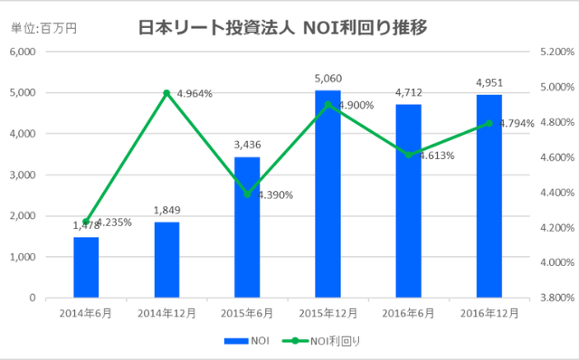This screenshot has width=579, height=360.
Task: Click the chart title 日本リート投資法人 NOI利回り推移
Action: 282,27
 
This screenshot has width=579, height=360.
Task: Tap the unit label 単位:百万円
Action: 44,28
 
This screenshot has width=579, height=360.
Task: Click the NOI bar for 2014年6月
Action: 86,267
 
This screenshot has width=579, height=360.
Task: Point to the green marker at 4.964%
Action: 166,93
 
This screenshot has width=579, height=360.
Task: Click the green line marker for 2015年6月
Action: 247,194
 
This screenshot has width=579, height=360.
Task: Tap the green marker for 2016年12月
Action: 489,123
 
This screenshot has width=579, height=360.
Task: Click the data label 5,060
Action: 327,79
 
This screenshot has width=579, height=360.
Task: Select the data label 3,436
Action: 247,146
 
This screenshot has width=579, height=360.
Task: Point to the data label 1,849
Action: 166,210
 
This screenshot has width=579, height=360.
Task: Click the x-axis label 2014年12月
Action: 166,313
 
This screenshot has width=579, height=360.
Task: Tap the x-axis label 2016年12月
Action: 489,313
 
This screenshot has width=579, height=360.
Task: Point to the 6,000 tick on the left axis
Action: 22,52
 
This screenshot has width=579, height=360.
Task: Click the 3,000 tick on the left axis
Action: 22,175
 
